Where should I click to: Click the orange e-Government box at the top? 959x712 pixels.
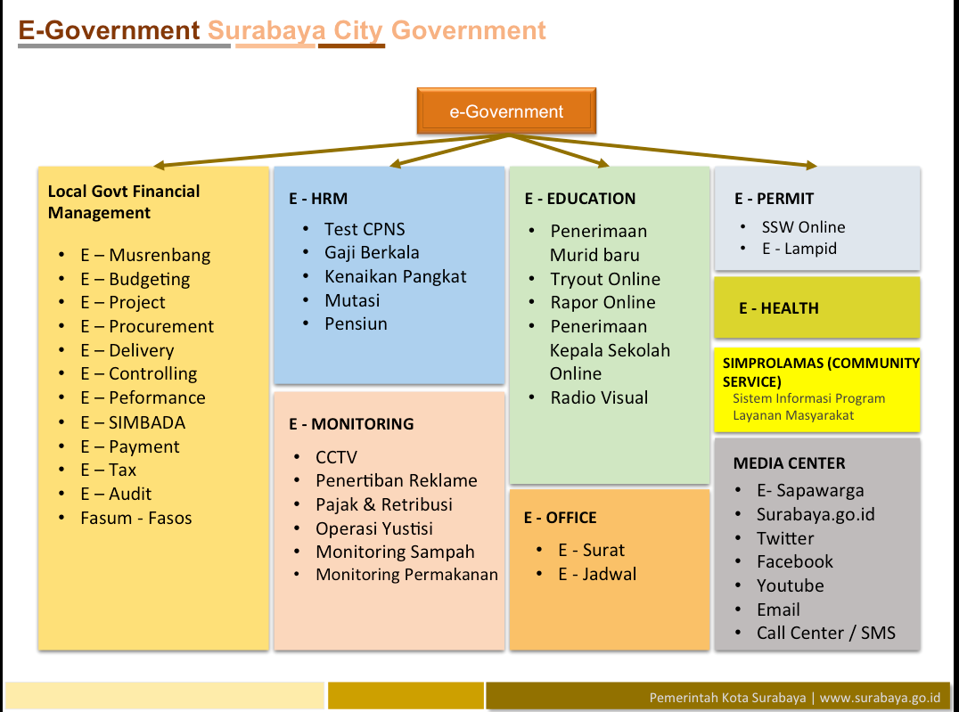(x=506, y=111)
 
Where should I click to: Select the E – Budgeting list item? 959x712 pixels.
(x=135, y=279)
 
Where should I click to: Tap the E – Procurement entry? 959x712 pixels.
(x=147, y=326)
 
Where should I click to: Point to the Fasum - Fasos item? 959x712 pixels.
(x=135, y=518)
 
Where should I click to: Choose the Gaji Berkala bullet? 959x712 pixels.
(x=372, y=252)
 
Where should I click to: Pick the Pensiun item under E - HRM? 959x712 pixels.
(x=356, y=323)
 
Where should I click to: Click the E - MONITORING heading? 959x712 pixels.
(x=351, y=424)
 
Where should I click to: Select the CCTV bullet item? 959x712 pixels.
(x=336, y=457)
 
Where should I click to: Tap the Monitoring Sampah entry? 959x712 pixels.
(x=395, y=552)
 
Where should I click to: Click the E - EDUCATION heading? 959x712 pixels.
(x=579, y=199)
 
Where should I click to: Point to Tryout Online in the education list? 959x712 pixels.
(x=605, y=279)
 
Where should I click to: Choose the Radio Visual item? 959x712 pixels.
(x=599, y=397)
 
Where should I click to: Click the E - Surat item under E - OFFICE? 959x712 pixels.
(x=591, y=550)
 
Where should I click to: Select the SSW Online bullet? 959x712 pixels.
(x=803, y=227)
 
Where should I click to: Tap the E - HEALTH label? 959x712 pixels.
(x=778, y=308)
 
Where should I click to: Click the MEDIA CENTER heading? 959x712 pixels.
(x=789, y=463)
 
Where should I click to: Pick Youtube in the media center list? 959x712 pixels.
(x=790, y=585)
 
